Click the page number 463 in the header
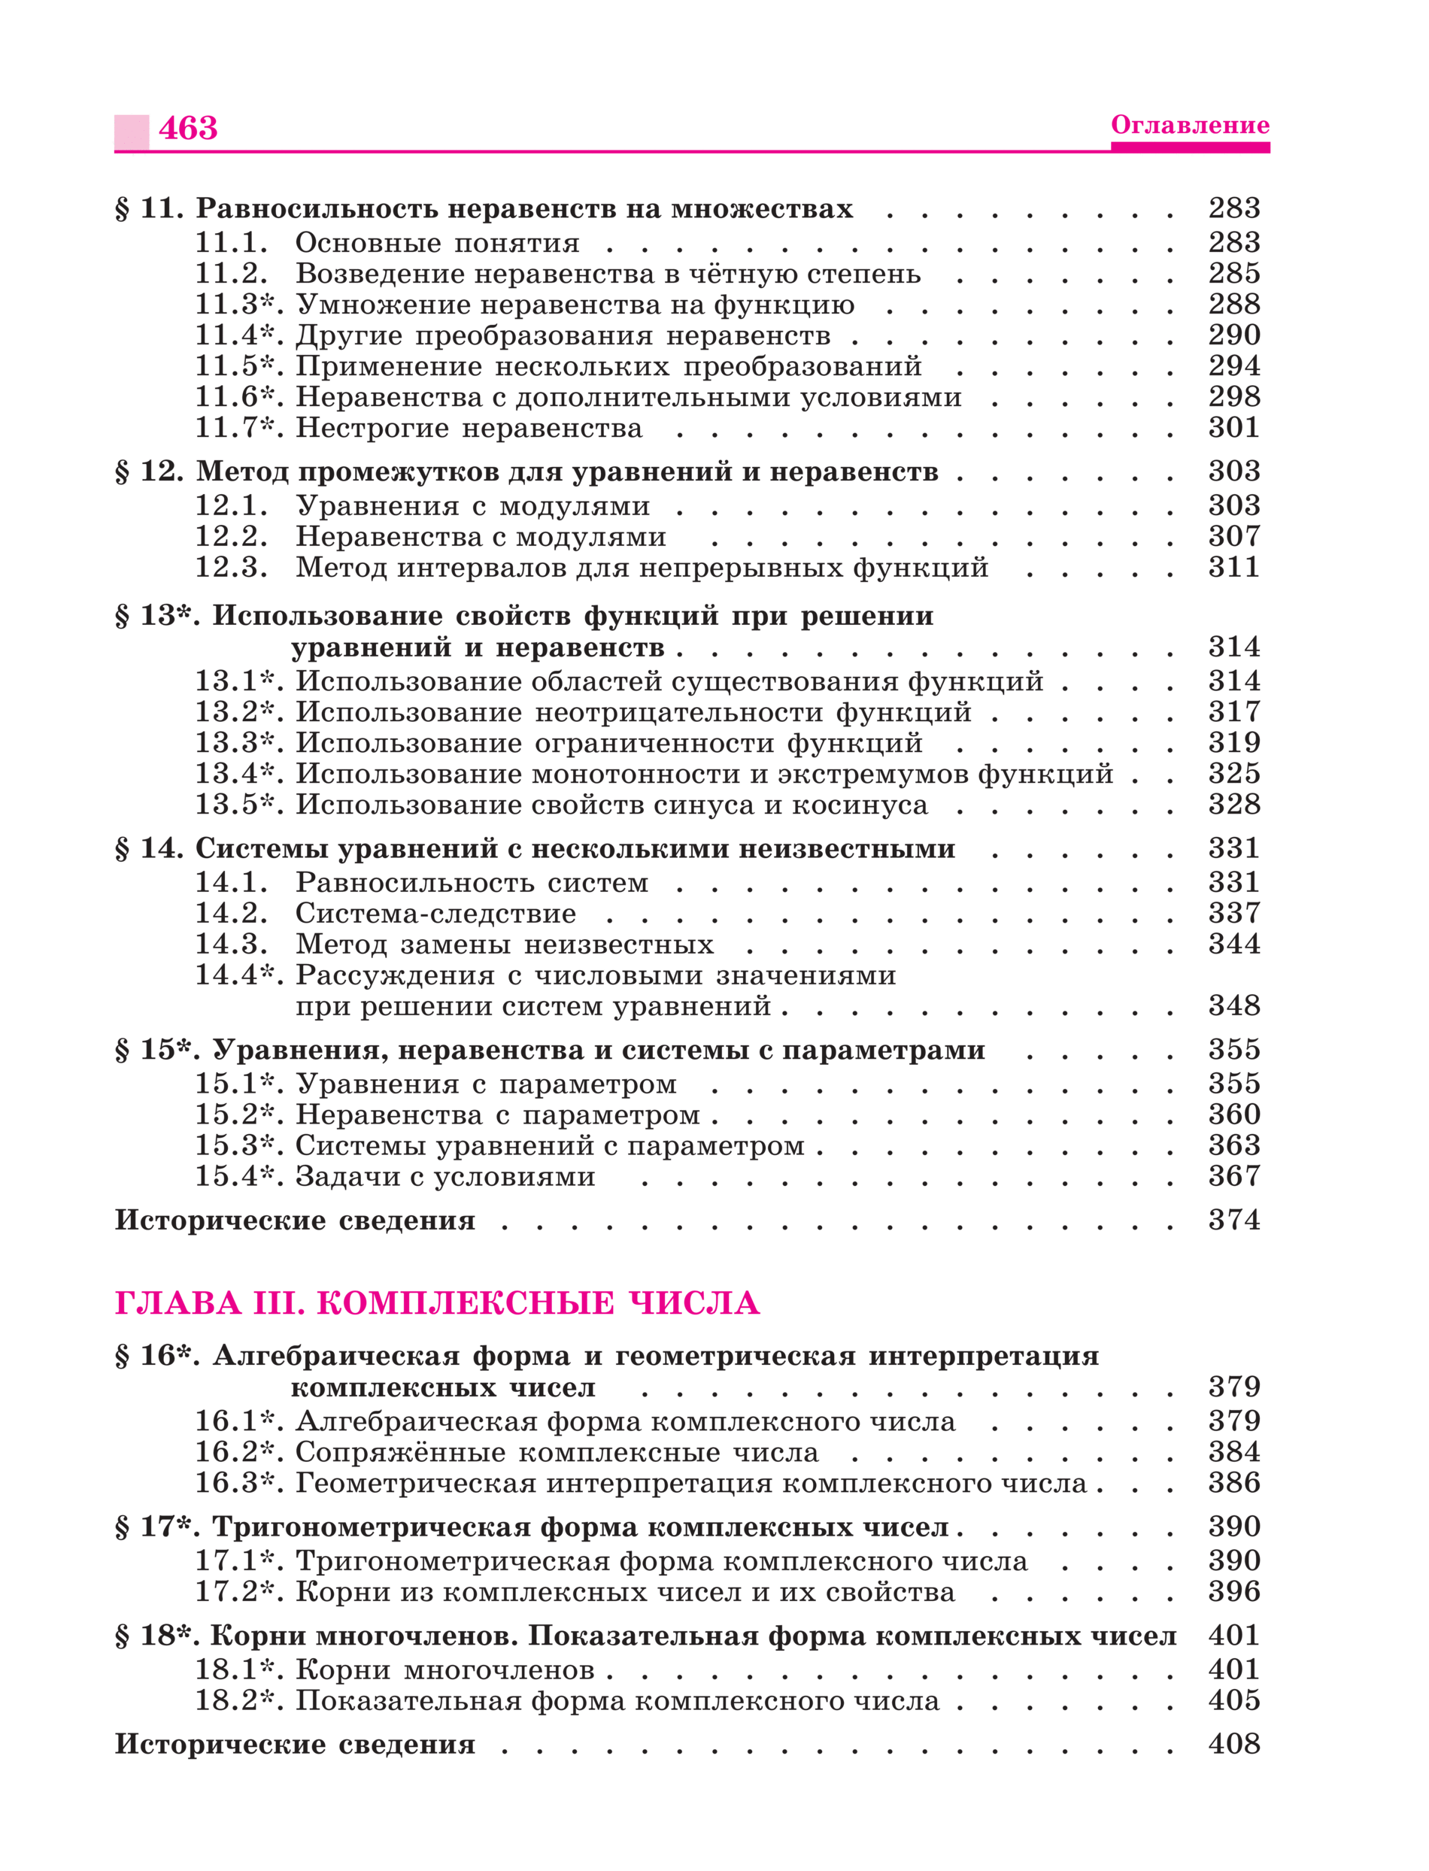[x=188, y=129]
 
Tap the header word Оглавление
[x=1189, y=125]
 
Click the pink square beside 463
[x=132, y=132]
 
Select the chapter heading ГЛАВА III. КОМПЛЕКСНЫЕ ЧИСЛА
[x=437, y=1304]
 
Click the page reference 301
[x=1233, y=428]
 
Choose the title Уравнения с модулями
[x=472, y=506]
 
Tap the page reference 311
[x=1233, y=567]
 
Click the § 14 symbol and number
[x=149, y=849]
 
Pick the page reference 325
[x=1233, y=774]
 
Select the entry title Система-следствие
[x=435, y=914]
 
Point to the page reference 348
[x=1233, y=1006]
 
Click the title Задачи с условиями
[x=444, y=1177]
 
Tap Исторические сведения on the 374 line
[x=295, y=1221]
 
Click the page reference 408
[x=1233, y=1744]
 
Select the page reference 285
[x=1233, y=274]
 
